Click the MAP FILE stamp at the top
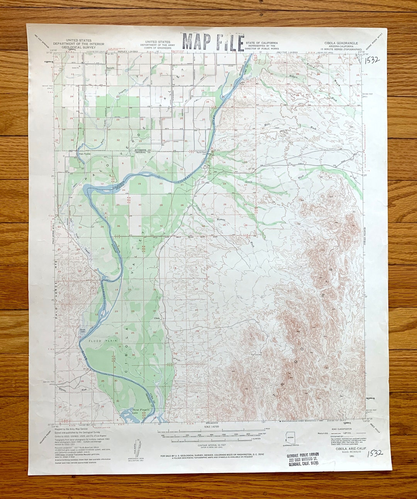(213, 42)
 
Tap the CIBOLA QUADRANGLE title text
(341, 43)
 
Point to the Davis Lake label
(82, 330)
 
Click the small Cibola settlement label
(156, 318)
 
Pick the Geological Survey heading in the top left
(79, 44)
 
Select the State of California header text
(261, 43)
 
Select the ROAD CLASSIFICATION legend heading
(341, 429)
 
